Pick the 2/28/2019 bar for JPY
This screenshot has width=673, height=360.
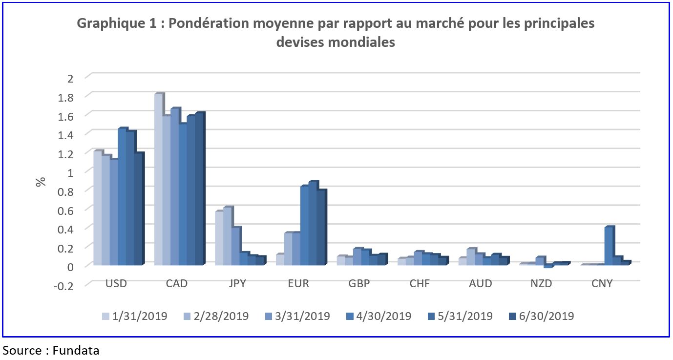point(227,236)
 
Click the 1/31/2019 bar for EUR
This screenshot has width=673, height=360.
point(280,259)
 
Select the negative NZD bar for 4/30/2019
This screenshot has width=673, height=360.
point(548,266)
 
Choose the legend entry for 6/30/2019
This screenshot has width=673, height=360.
point(542,316)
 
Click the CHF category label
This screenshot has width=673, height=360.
point(420,284)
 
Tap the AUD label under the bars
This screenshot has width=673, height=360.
point(481,284)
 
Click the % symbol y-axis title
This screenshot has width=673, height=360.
point(41,181)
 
